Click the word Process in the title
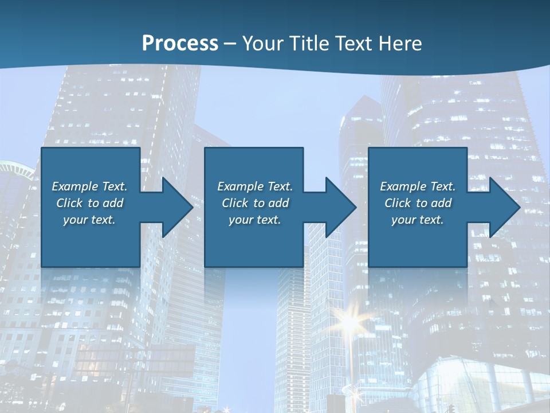pos(180,44)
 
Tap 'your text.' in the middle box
pos(254,220)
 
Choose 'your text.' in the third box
pos(417,220)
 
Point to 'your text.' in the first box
pos(89,220)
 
